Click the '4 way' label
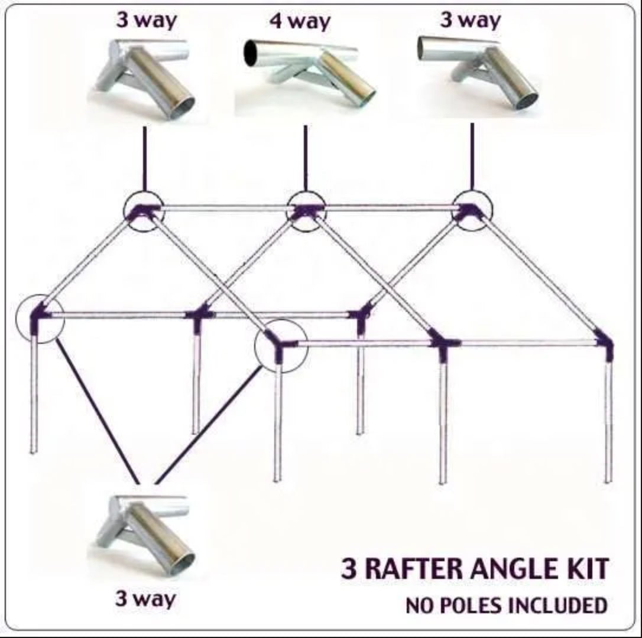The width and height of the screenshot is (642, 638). tap(300, 22)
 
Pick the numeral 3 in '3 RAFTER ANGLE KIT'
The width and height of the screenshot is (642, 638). tap(349, 569)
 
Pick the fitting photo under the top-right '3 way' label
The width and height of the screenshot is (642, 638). tap(476, 71)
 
